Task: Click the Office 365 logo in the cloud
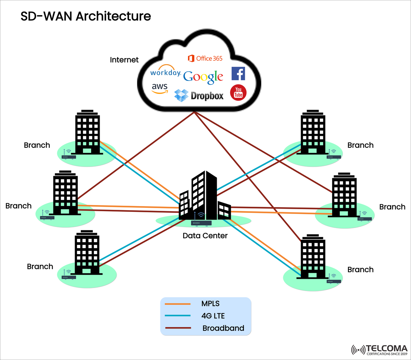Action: (205, 59)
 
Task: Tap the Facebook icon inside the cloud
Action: (238, 74)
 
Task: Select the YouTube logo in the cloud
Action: (238, 93)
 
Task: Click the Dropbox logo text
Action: (207, 96)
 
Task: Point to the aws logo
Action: (160, 88)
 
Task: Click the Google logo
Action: (203, 77)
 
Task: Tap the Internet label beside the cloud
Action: (124, 60)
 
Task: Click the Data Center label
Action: (205, 236)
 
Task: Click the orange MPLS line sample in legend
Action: (177, 304)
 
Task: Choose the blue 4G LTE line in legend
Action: (177, 316)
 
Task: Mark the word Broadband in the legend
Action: (223, 328)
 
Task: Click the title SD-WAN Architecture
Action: (86, 16)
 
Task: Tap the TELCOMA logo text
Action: (386, 348)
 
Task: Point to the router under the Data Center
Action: (201, 223)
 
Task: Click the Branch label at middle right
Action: (392, 207)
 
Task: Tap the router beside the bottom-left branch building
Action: (69, 277)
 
